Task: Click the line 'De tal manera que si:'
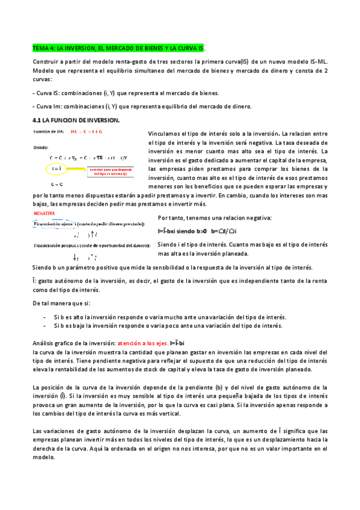click(61, 303)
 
